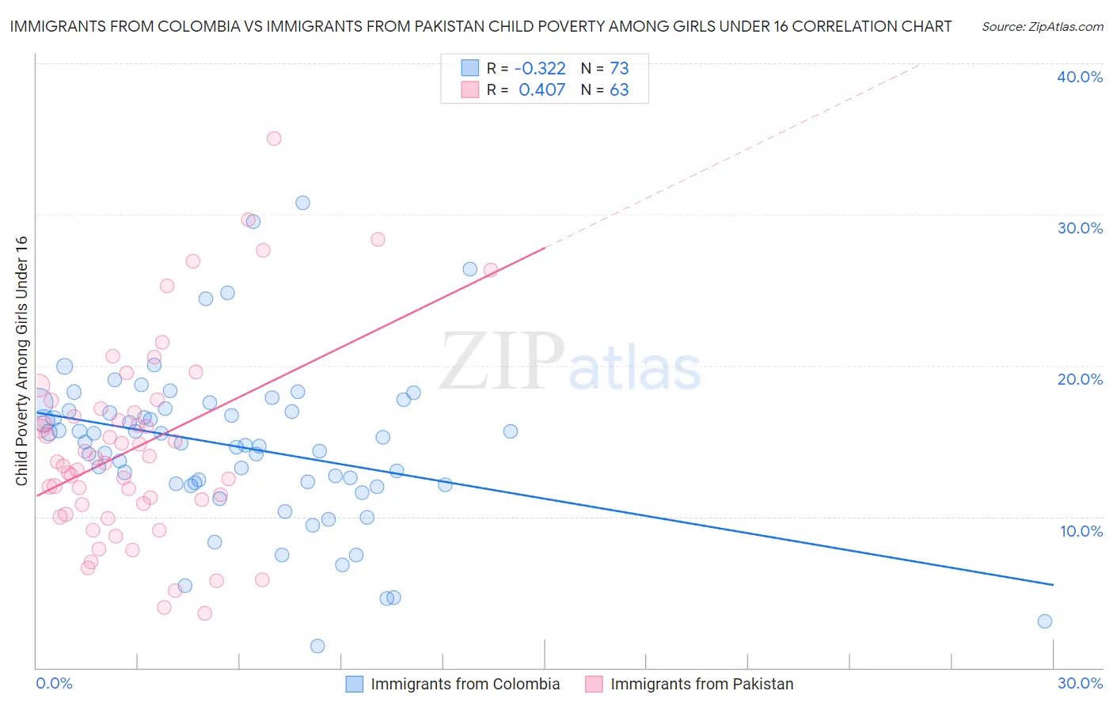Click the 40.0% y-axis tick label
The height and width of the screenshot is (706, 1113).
tap(1080, 77)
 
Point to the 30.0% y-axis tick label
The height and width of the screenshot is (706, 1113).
tap(1080, 228)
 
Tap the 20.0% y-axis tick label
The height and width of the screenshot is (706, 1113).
tap(1080, 379)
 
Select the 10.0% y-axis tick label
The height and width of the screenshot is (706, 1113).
tap(1081, 531)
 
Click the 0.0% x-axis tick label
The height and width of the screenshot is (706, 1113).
tap(54, 683)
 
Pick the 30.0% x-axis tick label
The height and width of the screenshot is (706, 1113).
tap(1080, 683)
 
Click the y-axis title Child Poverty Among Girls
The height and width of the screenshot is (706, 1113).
tap(21, 361)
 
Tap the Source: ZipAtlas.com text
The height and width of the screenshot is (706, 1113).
tap(1042, 27)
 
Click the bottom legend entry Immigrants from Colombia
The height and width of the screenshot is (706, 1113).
tap(465, 684)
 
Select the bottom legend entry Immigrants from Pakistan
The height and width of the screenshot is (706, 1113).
tap(701, 684)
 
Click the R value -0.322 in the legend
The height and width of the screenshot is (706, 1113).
tap(540, 68)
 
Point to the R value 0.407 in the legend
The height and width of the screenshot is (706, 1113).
tap(541, 89)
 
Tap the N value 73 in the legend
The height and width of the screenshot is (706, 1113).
tap(619, 68)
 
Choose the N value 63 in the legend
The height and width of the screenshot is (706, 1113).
tap(619, 89)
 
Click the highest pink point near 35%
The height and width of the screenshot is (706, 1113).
tap(274, 139)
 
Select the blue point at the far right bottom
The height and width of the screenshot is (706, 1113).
tap(1045, 621)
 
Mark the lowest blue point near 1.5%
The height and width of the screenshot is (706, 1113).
tap(317, 646)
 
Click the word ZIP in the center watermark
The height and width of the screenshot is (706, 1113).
tap(502, 362)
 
